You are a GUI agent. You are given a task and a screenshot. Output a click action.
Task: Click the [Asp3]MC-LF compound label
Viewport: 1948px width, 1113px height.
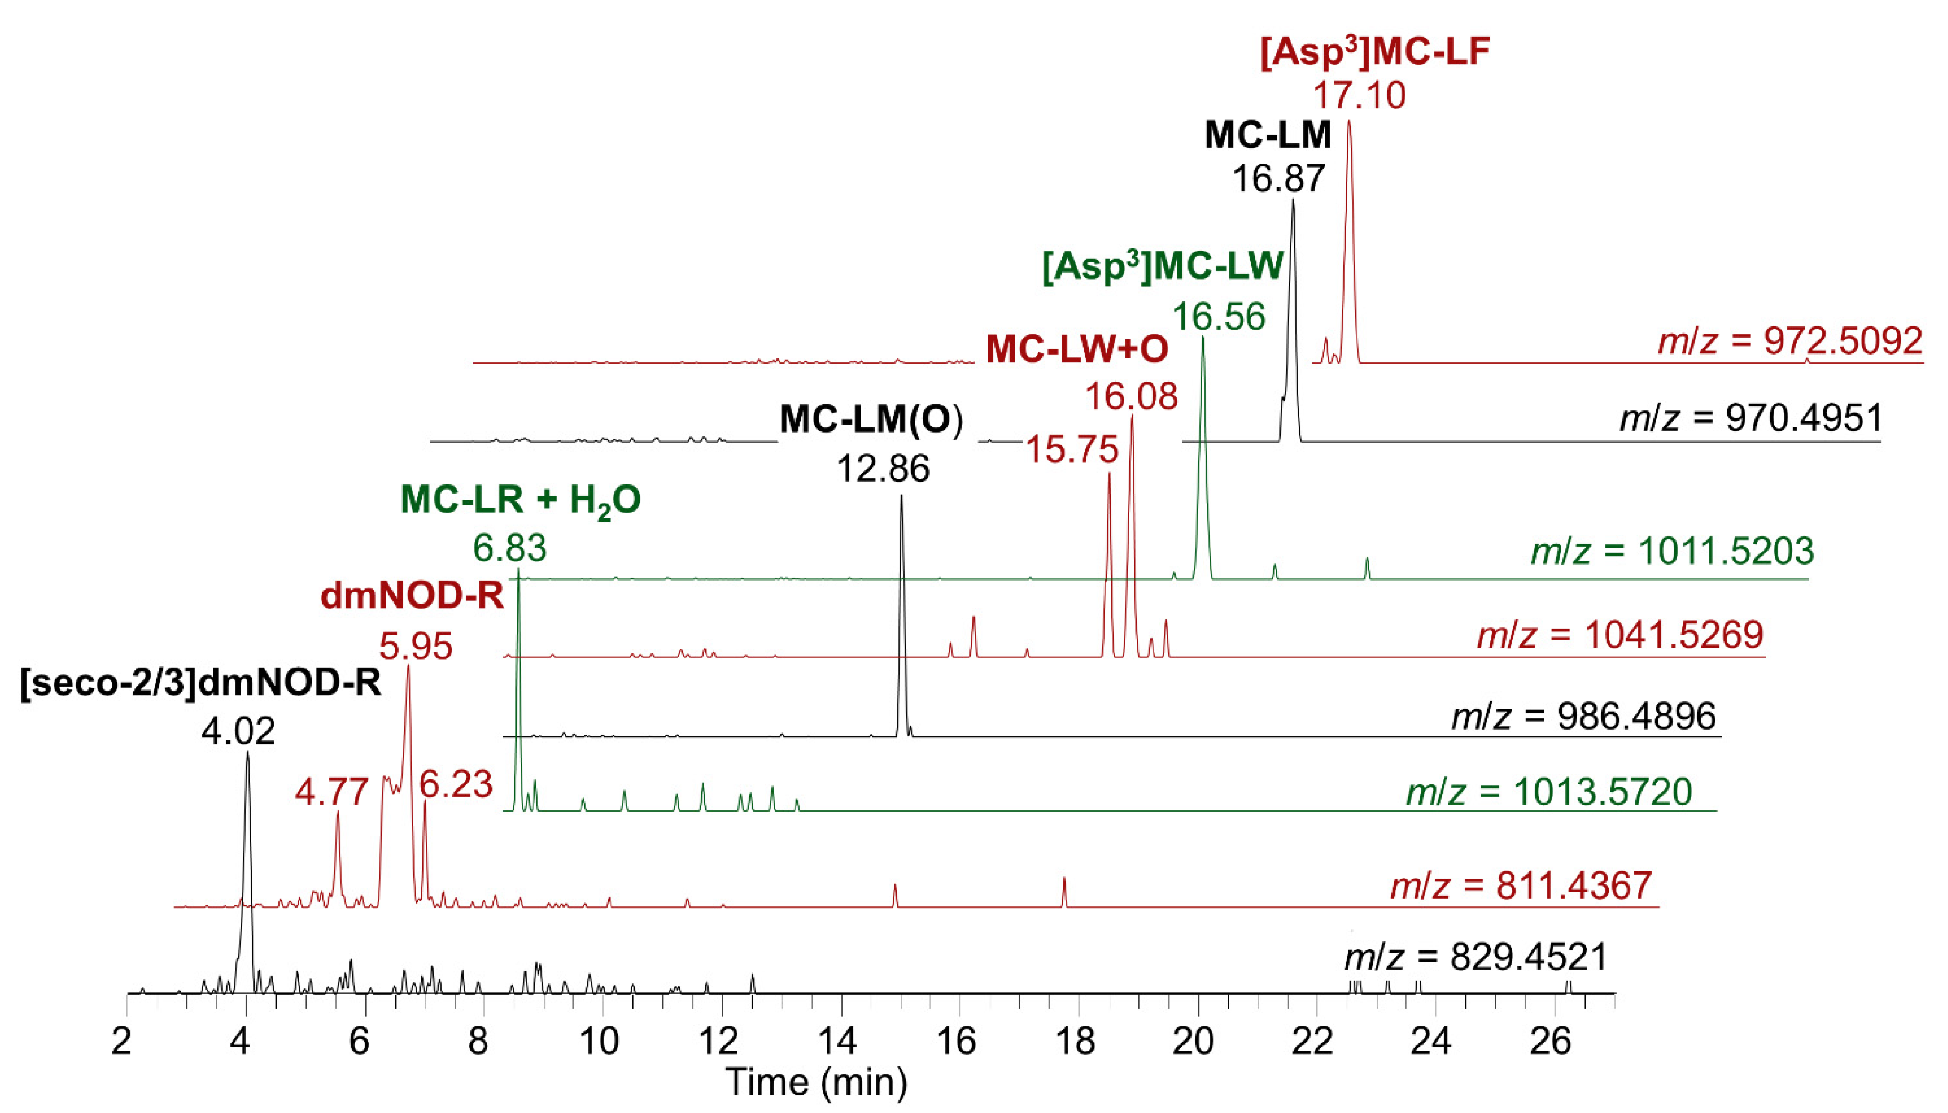point(1375,54)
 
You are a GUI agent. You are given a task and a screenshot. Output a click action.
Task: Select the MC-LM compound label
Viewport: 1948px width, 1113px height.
point(1268,136)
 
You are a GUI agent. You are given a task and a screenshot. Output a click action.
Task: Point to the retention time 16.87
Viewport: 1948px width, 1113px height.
point(1279,179)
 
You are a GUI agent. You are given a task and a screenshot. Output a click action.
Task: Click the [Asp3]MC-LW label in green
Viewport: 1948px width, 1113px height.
point(1163,268)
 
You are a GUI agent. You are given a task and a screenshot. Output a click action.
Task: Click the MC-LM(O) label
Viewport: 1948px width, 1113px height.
point(871,420)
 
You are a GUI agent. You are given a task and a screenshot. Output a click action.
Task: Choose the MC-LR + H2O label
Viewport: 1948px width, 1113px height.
point(521,501)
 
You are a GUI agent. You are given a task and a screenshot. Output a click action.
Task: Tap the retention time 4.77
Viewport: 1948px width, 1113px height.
point(332,793)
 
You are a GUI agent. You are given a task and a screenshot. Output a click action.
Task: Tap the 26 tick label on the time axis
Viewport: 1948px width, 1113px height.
point(1551,1041)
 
